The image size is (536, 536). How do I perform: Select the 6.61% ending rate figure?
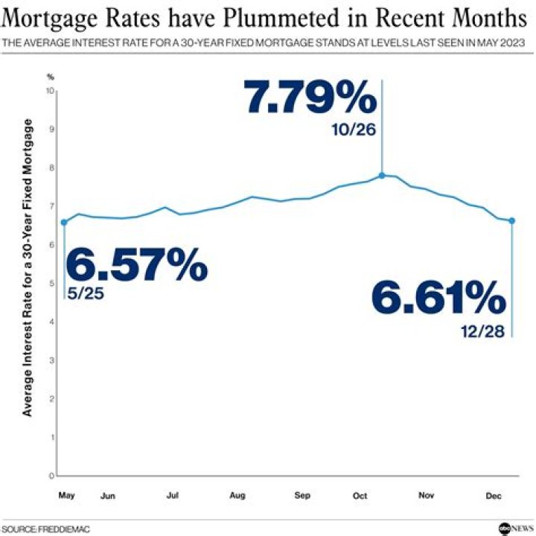pyautogui.click(x=439, y=300)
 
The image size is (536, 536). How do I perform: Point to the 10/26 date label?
pyautogui.click(x=354, y=130)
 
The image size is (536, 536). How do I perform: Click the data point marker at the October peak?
pyautogui.click(x=382, y=176)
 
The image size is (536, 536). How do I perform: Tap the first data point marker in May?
pyautogui.click(x=64, y=222)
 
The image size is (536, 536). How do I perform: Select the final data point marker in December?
pyautogui.click(x=512, y=220)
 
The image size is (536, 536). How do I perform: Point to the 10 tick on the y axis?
pyautogui.click(x=51, y=91)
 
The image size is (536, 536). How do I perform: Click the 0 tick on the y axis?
pyautogui.click(x=52, y=476)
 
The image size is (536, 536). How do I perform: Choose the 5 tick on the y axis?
pyautogui.click(x=52, y=283)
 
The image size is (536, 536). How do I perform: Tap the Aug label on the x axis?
pyautogui.click(x=238, y=494)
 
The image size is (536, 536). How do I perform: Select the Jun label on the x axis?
pyautogui.click(x=107, y=494)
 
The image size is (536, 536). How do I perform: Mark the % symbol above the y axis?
pyautogui.click(x=51, y=76)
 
